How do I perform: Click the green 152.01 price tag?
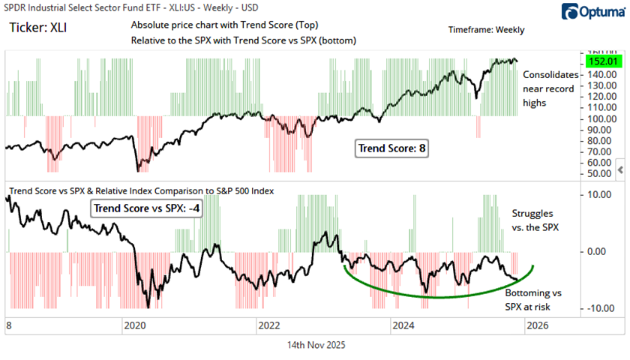[598, 61]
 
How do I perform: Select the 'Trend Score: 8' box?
[391, 148]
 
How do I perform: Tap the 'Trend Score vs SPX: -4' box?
[147, 208]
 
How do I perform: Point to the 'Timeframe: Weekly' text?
[486, 30]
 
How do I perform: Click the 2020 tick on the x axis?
[134, 325]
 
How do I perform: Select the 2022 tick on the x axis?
[268, 325]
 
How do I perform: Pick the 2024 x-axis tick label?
[403, 325]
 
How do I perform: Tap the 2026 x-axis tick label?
[537, 325]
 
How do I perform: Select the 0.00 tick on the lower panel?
[597, 252]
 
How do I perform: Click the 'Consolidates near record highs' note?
[550, 88]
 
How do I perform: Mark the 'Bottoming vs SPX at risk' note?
[536, 299]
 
